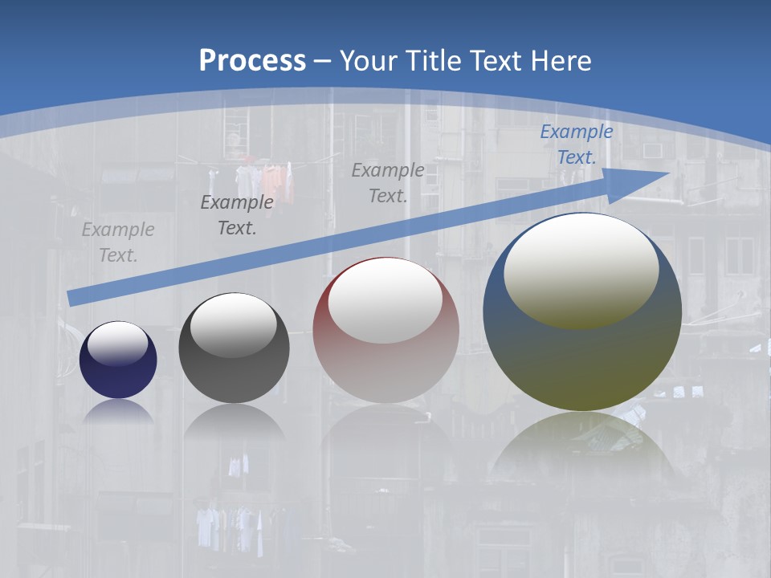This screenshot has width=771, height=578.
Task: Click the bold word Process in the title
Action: (x=252, y=61)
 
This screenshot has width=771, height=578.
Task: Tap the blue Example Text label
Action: (x=577, y=144)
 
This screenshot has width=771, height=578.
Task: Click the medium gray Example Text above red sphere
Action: (x=388, y=182)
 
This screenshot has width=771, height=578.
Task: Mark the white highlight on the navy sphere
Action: (x=118, y=344)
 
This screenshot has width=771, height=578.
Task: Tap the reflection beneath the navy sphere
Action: (x=118, y=412)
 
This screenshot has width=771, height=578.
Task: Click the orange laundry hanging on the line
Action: (x=273, y=181)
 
